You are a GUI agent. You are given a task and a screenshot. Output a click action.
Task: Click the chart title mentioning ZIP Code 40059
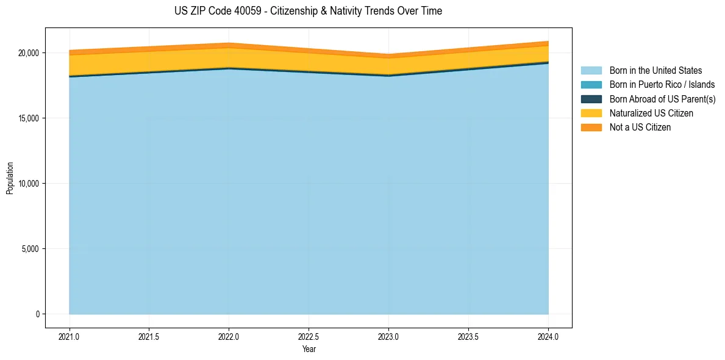coord(308,11)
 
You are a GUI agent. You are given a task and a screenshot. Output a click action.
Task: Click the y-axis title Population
coord(10,178)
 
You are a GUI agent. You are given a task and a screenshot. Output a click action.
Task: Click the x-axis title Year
coord(309,349)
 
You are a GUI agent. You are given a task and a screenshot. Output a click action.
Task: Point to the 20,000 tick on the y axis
coord(28,53)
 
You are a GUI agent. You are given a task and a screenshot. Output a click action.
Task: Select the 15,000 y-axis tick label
coord(28,118)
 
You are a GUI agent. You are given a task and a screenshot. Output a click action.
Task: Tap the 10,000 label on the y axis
coord(28,184)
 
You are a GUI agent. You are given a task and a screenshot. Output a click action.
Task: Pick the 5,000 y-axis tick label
coord(30,249)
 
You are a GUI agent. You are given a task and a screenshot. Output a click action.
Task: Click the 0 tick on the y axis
coord(37,314)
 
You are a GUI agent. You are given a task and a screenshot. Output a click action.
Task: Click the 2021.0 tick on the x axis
coord(70,336)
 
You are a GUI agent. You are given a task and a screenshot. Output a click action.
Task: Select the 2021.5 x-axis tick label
coord(149,336)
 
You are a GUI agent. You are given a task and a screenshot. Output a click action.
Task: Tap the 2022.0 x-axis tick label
coord(229,336)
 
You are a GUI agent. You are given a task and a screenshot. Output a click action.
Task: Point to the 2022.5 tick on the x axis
coord(309,336)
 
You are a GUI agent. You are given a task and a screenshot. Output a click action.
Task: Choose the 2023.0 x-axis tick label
coord(388,336)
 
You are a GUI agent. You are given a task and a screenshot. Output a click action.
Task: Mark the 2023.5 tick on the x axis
coord(468,336)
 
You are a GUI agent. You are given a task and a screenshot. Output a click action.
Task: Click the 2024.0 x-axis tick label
coord(548,336)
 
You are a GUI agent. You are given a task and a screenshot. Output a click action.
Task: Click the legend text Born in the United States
coord(655,71)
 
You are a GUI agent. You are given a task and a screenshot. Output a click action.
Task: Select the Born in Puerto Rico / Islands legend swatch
coord(591,85)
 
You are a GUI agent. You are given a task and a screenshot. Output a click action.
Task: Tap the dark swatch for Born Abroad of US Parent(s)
coord(591,99)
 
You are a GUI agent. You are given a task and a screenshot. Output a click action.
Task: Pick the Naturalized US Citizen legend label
coord(651,113)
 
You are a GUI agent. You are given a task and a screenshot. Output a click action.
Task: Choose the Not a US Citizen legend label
coord(640,128)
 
